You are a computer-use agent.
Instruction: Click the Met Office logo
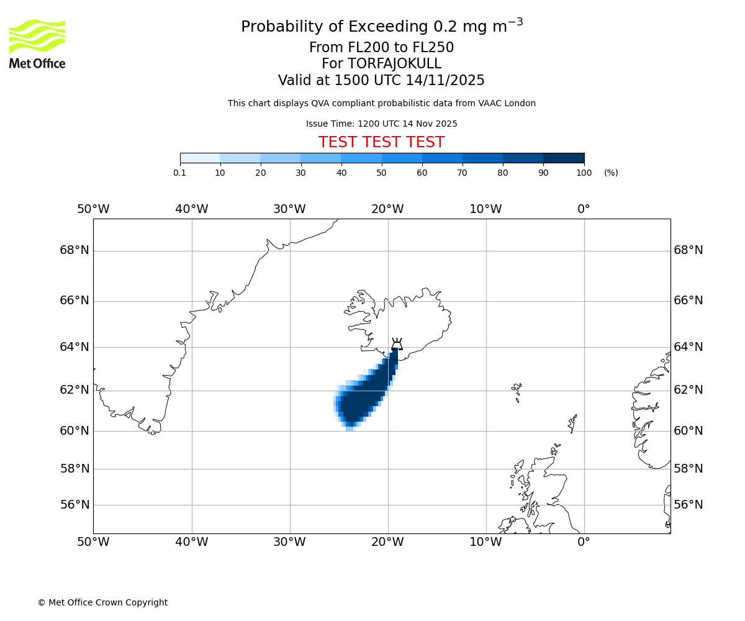[37, 43]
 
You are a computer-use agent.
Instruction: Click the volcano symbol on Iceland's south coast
[397, 344]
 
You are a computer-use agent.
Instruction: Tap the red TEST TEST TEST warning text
[381, 142]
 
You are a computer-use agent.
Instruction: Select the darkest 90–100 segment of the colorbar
[564, 158]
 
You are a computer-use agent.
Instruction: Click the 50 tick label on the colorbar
[382, 173]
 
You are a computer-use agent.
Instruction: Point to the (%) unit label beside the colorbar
[611, 173]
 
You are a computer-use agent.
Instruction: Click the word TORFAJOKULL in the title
[394, 64]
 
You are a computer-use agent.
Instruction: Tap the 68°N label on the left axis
[74, 250]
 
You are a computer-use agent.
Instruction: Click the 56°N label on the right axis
[688, 505]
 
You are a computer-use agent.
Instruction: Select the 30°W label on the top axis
[289, 209]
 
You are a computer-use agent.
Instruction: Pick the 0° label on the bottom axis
[584, 542]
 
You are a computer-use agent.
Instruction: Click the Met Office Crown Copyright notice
[102, 602]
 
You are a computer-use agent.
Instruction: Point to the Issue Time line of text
[381, 124]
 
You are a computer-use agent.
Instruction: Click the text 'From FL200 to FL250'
[381, 48]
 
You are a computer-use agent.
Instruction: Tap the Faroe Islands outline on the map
[517, 391]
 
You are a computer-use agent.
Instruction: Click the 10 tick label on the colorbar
[220, 173]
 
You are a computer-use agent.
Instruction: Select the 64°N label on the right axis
[688, 347]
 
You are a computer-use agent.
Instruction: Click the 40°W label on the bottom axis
[191, 542]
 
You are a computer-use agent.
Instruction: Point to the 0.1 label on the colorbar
[179, 173]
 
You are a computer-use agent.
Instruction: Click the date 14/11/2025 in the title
[445, 81]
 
